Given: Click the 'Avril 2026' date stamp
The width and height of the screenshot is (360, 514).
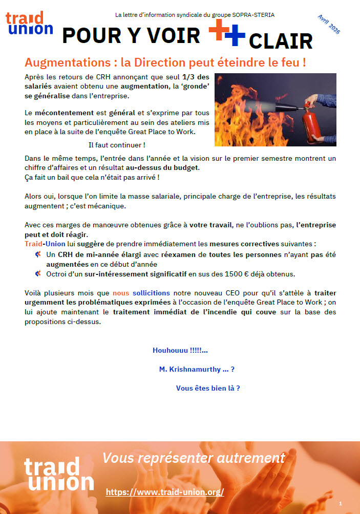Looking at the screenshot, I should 328,24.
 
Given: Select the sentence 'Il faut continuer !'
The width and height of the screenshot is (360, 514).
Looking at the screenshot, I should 117,145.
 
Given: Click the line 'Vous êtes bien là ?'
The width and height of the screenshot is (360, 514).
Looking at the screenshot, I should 208,388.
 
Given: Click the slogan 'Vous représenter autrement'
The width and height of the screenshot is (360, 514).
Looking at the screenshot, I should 194,457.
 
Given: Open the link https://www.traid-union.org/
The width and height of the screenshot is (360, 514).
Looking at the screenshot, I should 165,492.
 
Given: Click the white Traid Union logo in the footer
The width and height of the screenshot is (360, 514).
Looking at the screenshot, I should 58,475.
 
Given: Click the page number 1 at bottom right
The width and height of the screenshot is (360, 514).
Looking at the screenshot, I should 340,504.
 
